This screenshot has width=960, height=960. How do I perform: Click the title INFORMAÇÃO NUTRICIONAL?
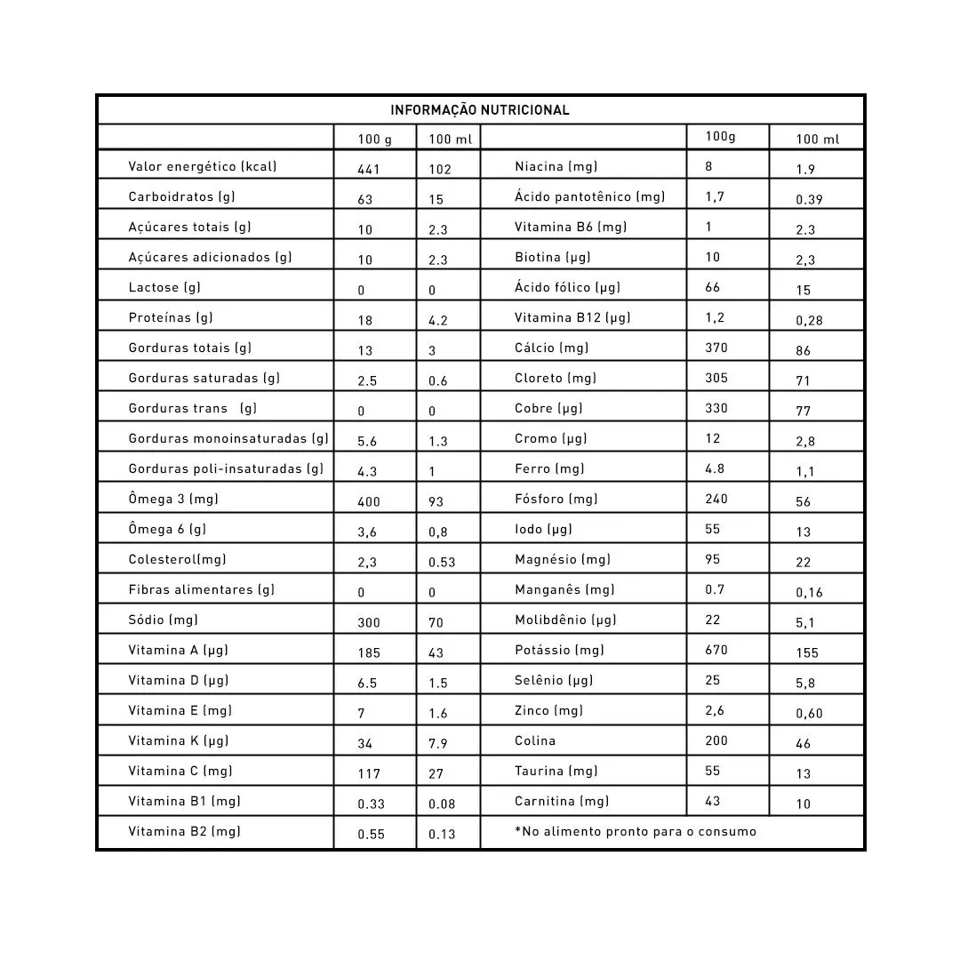tap(480, 110)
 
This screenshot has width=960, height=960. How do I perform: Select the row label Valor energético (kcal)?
tap(203, 166)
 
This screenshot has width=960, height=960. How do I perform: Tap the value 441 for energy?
tap(369, 170)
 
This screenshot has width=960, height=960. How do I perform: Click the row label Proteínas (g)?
tap(171, 317)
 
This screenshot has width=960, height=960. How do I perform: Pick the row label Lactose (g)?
tap(164, 287)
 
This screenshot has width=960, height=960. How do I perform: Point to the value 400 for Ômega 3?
tap(369, 502)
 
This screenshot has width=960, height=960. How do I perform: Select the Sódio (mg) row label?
tap(163, 620)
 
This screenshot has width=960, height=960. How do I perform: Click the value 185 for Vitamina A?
tap(369, 653)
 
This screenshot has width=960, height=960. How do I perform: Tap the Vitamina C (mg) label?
tap(180, 771)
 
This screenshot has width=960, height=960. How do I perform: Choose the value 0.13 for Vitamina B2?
tap(442, 835)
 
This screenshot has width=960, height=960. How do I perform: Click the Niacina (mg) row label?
tap(556, 166)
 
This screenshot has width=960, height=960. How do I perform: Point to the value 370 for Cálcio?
tap(716, 348)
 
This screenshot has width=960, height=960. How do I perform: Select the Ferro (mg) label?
tap(549, 468)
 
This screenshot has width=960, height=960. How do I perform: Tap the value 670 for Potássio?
tap(716, 650)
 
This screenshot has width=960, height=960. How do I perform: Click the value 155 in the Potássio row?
tap(807, 653)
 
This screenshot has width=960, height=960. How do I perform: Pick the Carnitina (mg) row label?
tap(562, 801)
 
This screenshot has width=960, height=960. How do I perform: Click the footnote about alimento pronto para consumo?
tap(636, 831)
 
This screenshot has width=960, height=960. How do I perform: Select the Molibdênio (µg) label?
tap(565, 620)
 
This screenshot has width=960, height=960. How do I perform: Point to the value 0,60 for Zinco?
tap(809, 714)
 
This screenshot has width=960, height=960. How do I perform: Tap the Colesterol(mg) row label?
tap(177, 559)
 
